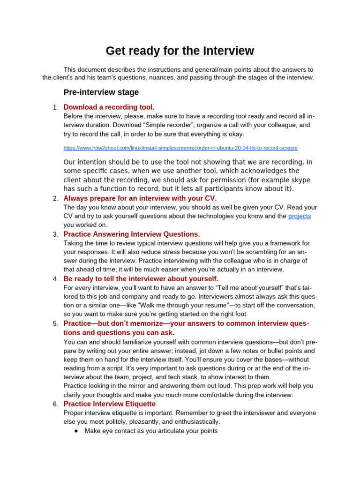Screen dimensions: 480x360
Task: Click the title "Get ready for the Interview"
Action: pos(180,51)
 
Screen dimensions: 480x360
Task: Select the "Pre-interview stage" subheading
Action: pos(101,92)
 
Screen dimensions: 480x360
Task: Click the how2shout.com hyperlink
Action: pos(180,148)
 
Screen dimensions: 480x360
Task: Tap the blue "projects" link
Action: pos(300,216)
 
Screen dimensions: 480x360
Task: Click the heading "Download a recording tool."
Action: pos(109,107)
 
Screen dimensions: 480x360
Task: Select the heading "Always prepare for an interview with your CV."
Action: pos(140,198)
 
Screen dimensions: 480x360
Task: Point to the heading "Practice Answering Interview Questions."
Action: pos(131,234)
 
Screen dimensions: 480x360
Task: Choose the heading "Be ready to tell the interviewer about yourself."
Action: pos(141,278)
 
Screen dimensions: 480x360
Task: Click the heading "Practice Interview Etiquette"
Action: pos(109,404)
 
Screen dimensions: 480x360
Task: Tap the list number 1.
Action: pos(55,107)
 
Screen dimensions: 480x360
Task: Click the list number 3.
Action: pos(55,234)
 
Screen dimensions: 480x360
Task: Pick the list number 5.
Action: pos(55,323)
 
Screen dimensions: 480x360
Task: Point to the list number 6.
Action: pos(55,404)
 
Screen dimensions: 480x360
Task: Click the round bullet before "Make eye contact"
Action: pos(76,431)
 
